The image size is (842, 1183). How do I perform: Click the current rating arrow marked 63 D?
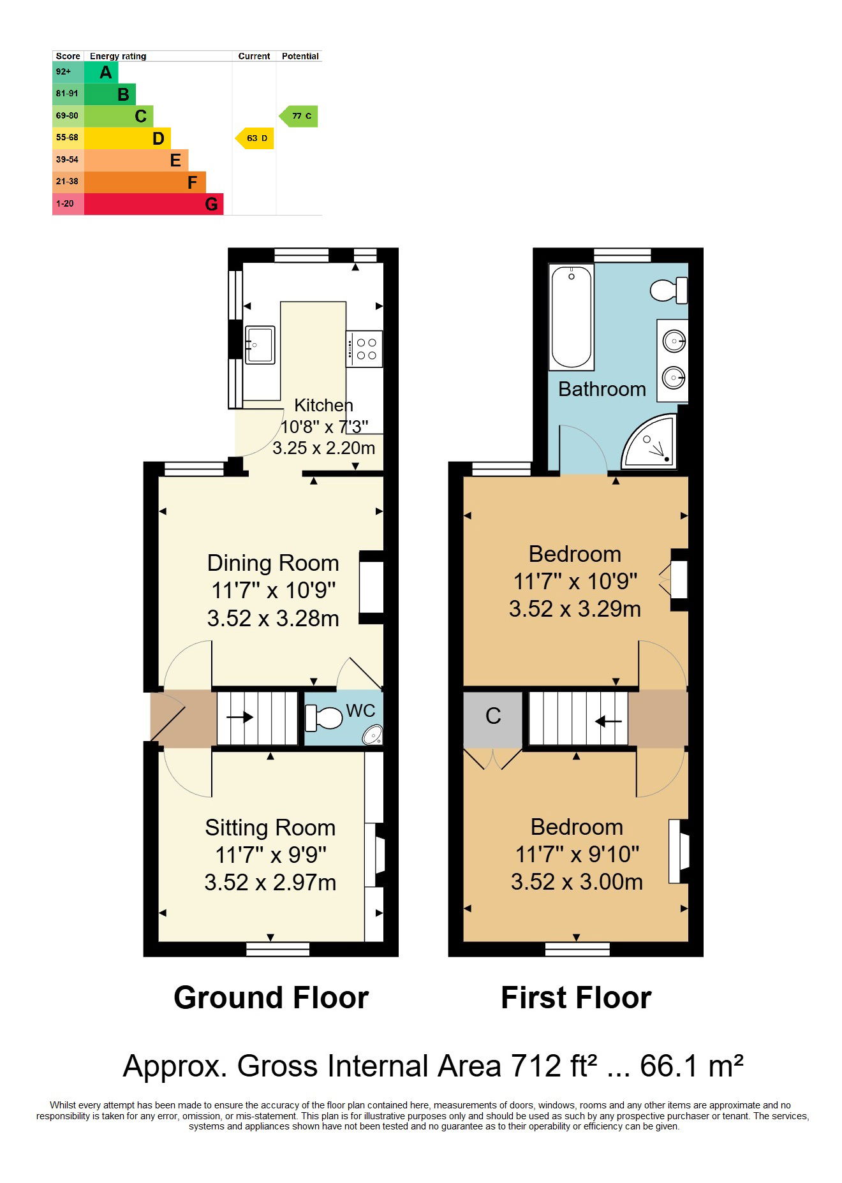(x=255, y=138)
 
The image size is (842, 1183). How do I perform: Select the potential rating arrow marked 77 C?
(x=299, y=116)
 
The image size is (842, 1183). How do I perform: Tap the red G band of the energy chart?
(x=154, y=204)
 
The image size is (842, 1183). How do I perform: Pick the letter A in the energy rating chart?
(x=106, y=72)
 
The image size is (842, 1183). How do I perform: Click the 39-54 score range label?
(x=67, y=159)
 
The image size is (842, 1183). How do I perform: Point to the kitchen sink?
(x=260, y=345)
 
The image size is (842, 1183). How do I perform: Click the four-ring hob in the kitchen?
(x=365, y=349)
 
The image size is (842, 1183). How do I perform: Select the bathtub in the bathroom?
(x=572, y=317)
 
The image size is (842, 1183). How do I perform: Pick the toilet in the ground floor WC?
(x=324, y=718)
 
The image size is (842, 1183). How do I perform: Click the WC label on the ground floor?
(x=360, y=710)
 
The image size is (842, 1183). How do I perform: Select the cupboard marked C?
(x=493, y=717)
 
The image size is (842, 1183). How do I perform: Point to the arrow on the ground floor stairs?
(x=240, y=717)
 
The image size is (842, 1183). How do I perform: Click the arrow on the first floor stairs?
(x=609, y=722)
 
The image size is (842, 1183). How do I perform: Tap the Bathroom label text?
(x=602, y=389)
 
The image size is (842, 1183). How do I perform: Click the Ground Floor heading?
(x=271, y=998)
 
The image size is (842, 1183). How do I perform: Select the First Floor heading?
(x=576, y=998)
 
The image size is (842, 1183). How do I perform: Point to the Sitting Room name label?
(x=270, y=828)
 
